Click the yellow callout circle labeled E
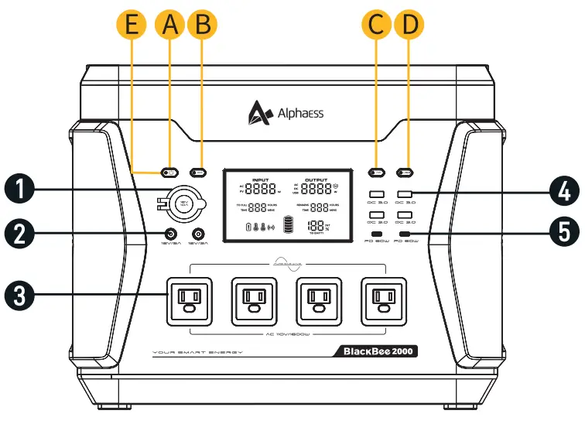pos(133,25)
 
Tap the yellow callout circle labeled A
pos(170,25)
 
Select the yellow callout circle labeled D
pos(409,25)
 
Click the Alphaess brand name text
pos(300,114)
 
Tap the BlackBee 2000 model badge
pos(378,351)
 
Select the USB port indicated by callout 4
pos(405,195)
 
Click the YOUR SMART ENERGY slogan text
pos(198,352)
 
